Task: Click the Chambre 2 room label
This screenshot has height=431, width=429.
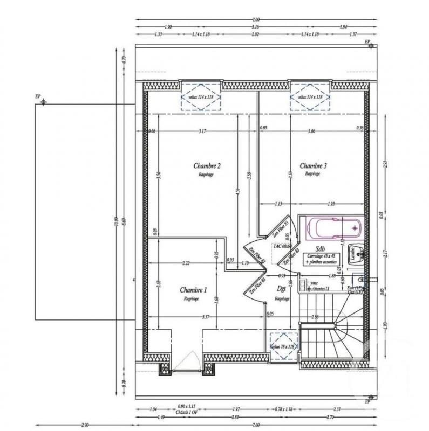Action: click(x=207, y=166)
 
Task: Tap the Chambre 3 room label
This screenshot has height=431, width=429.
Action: click(x=314, y=166)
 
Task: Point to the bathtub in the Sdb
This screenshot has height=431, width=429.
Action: click(x=330, y=228)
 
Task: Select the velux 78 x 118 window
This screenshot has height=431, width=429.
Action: click(x=283, y=346)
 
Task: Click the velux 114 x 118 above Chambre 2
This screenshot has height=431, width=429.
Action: click(x=201, y=98)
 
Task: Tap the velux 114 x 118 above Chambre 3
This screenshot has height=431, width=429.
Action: click(x=310, y=98)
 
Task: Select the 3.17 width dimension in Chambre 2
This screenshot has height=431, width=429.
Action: click(x=202, y=131)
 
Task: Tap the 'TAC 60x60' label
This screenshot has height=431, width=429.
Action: click(x=283, y=245)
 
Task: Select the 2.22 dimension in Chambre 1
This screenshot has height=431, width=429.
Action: click(x=186, y=263)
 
